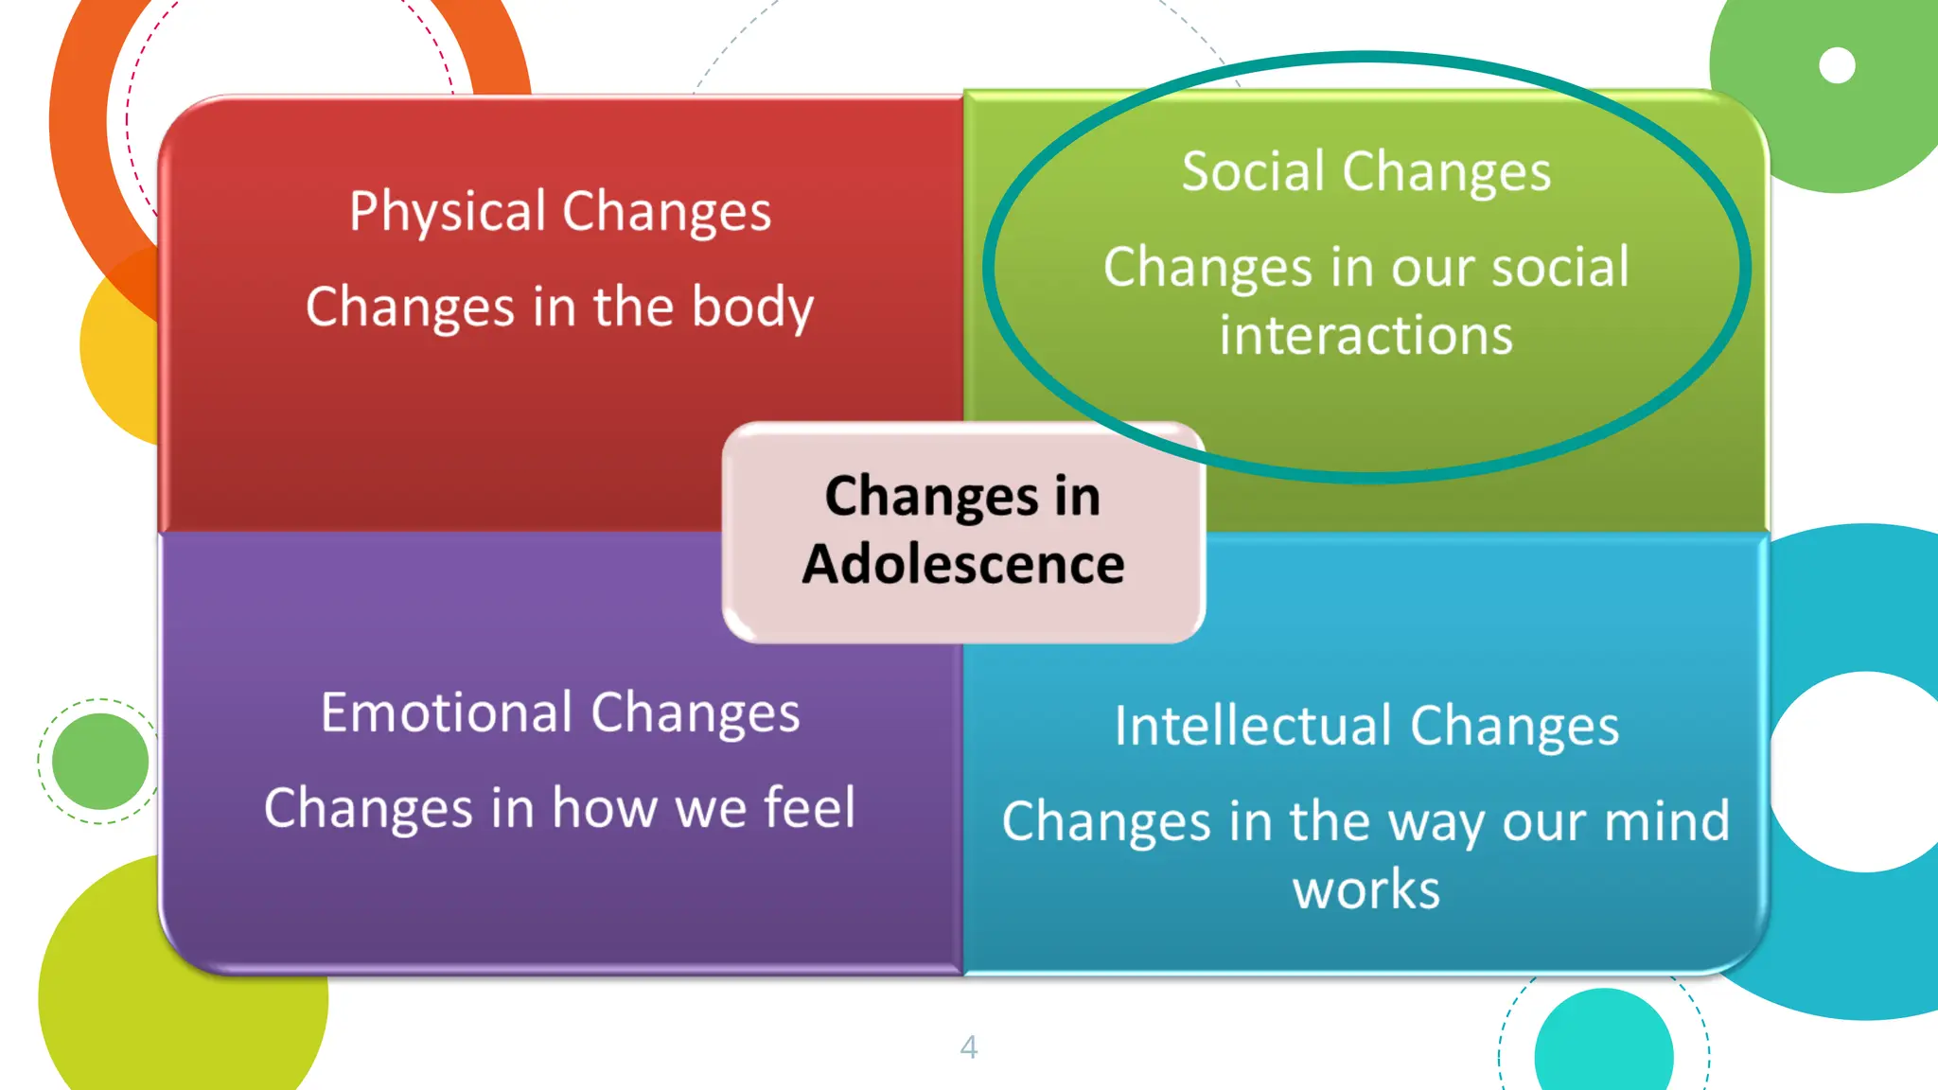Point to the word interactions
(x=1365, y=336)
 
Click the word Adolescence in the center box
(x=963, y=564)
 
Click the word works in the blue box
(x=1366, y=889)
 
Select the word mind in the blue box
(x=1666, y=820)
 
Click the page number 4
(x=968, y=1046)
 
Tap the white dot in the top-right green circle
(x=1837, y=65)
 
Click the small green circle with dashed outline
(x=99, y=761)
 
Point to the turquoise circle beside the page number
(x=1603, y=1046)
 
